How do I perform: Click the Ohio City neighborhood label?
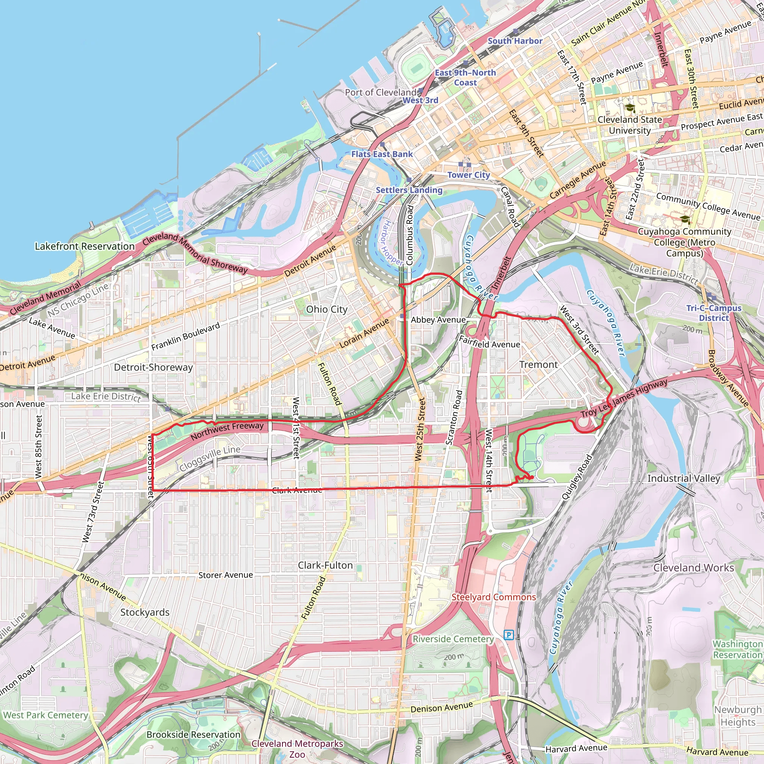[327, 310]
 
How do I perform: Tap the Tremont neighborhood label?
[538, 364]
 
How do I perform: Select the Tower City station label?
[469, 175]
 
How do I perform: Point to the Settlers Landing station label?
[409, 190]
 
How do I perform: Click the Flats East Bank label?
[382, 154]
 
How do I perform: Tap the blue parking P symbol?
[508, 635]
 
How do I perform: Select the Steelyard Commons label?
[494, 597]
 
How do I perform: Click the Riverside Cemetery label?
[453, 639]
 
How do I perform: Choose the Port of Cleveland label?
[381, 93]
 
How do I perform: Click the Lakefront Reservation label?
[85, 246]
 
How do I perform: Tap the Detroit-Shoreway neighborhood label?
[153, 367]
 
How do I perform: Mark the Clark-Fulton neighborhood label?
[325, 566]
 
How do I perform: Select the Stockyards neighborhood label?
[145, 612]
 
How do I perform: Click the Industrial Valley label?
[683, 479]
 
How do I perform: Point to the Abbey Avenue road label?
[438, 320]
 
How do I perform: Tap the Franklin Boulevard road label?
[185, 336]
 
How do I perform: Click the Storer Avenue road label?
[225, 575]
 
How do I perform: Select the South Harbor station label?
[515, 41]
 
